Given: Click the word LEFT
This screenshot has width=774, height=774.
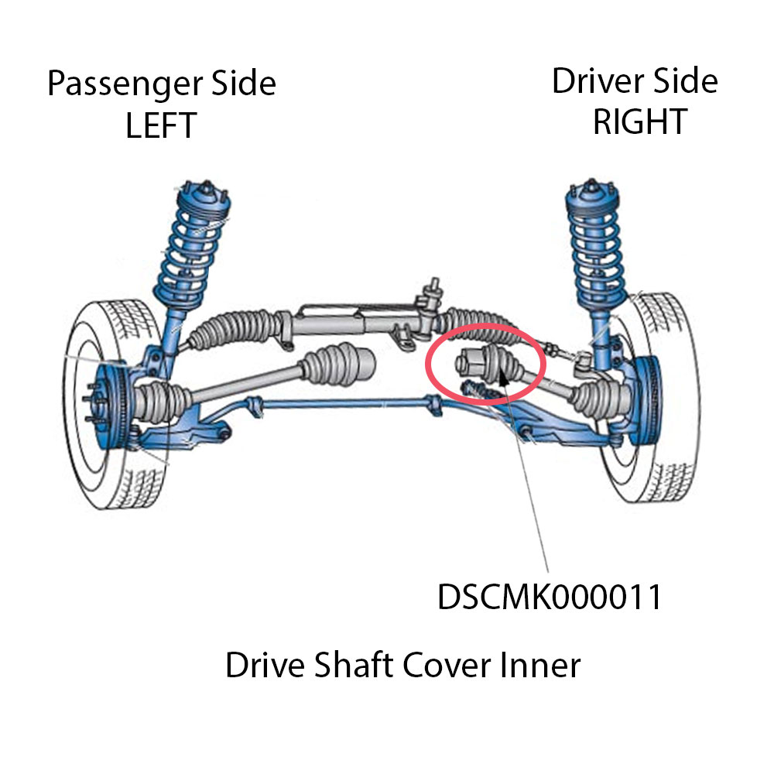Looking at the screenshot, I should (x=161, y=125).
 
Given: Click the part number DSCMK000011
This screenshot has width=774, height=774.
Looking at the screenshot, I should (x=550, y=597).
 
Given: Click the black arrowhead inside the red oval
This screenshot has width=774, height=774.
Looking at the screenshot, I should (x=502, y=377).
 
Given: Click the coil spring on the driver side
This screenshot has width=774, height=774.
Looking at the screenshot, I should (x=594, y=240).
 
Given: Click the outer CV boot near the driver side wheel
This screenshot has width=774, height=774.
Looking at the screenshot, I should (x=592, y=395).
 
